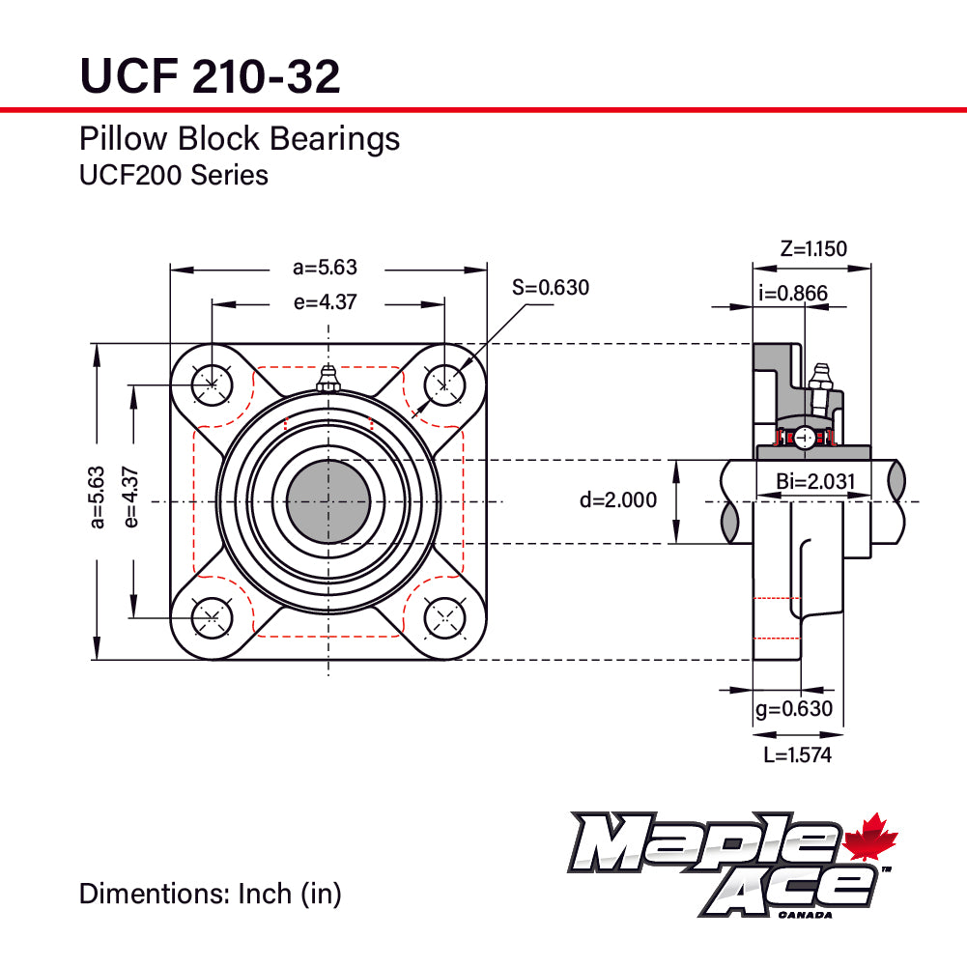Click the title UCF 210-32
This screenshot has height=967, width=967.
click(x=210, y=76)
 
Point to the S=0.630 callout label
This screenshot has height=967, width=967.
click(x=550, y=287)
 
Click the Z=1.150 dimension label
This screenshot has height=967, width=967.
click(x=813, y=249)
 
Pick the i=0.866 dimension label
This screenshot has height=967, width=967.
click(x=794, y=294)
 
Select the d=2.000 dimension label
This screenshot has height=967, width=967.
click(x=618, y=499)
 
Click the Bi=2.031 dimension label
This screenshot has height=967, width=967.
click(x=815, y=481)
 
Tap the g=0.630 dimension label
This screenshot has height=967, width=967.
click(x=793, y=709)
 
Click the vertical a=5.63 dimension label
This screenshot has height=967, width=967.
click(x=96, y=498)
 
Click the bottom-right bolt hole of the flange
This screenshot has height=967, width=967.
click(x=444, y=616)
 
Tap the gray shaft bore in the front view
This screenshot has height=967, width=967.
click(x=328, y=501)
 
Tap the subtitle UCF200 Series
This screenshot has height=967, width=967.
click(x=174, y=175)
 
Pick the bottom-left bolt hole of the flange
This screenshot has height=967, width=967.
click(x=212, y=616)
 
